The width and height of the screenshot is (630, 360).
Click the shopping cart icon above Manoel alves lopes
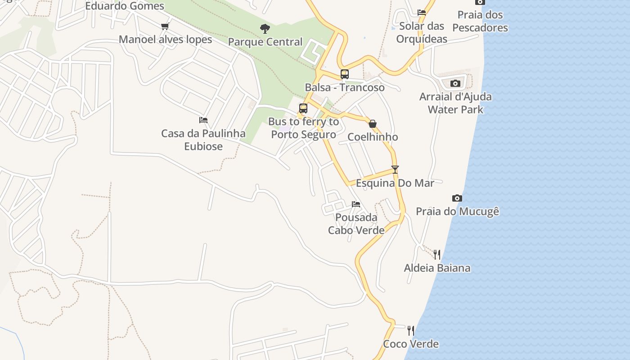pyautogui.click(x=165, y=27)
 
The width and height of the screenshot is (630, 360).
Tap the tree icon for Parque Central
pyautogui.click(x=265, y=29)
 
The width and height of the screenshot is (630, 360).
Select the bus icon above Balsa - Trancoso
pyautogui.click(x=345, y=74)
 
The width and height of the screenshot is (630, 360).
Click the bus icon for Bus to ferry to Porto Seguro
pyautogui.click(x=303, y=108)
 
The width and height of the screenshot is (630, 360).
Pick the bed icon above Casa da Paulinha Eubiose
pyautogui.click(x=203, y=120)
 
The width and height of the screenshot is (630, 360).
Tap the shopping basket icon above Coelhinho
pyautogui.click(x=373, y=124)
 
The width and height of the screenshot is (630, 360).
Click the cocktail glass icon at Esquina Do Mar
pyautogui.click(x=395, y=170)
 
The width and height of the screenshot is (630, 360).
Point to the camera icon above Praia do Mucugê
pyautogui.click(x=457, y=198)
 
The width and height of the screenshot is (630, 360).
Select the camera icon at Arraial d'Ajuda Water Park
pyautogui.click(x=455, y=83)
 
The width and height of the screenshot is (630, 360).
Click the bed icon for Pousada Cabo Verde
pyautogui.click(x=356, y=204)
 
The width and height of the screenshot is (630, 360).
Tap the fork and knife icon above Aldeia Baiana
pyautogui.click(x=437, y=255)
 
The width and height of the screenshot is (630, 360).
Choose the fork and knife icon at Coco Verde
pyautogui.click(x=410, y=331)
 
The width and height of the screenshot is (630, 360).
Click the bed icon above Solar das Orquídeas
pyautogui.click(x=422, y=13)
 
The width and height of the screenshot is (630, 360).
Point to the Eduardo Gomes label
pyautogui.click(x=125, y=6)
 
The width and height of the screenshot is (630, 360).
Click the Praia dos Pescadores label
pyautogui.click(x=480, y=21)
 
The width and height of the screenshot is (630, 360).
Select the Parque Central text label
pyautogui.click(x=265, y=42)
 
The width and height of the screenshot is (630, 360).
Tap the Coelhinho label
pyautogui.click(x=373, y=137)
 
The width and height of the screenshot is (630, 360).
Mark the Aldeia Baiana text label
pyautogui.click(x=437, y=268)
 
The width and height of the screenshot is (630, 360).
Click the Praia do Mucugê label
pyautogui.click(x=457, y=211)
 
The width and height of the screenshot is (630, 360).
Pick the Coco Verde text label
pyautogui.click(x=410, y=344)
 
